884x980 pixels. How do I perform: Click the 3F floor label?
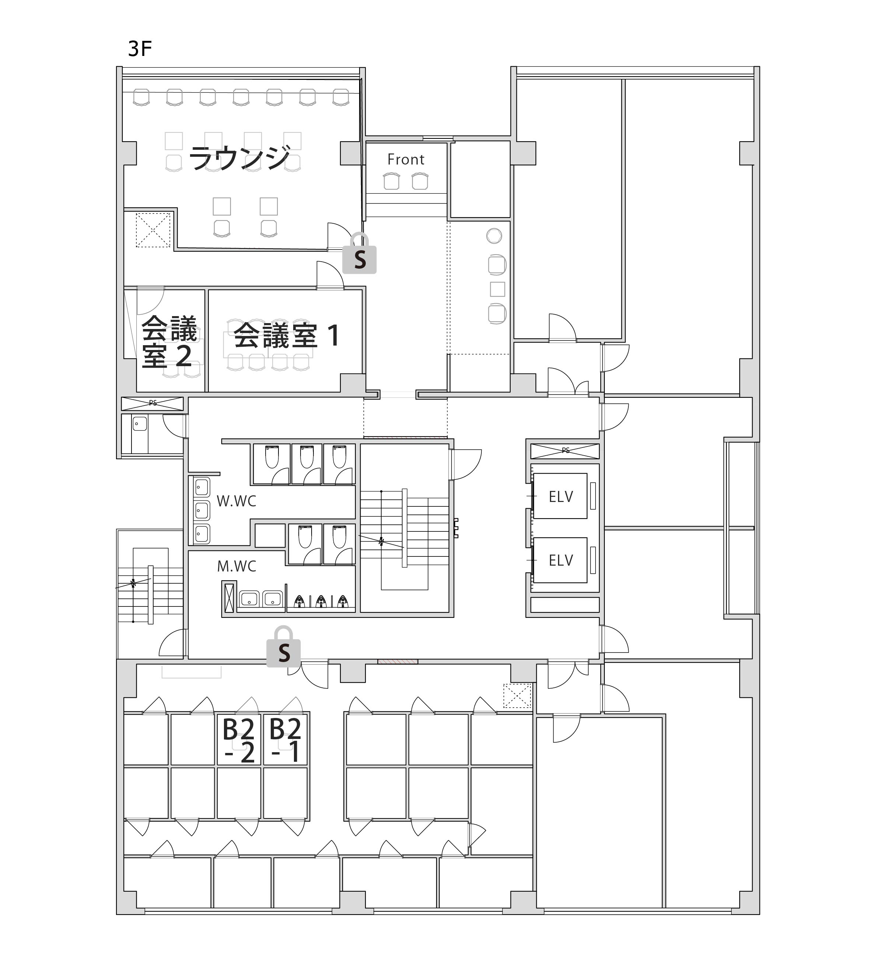click(140, 49)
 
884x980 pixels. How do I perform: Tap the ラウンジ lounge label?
click(239, 158)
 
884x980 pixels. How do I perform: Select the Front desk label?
click(406, 160)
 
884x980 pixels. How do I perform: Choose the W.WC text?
click(236, 501)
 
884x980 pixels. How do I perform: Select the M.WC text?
click(236, 566)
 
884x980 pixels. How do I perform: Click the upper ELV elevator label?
click(561, 496)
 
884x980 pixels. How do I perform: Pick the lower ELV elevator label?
click(561, 560)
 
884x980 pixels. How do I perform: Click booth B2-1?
click(285, 740)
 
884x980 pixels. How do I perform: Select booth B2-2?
click(239, 740)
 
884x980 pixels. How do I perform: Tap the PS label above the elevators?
click(565, 450)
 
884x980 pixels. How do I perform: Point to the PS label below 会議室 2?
click(153, 403)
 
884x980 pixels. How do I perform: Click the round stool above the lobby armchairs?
click(494, 236)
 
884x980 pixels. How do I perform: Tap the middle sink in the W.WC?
click(201, 511)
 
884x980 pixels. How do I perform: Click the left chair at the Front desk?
click(392, 181)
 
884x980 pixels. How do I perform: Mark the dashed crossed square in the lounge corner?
click(153, 230)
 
